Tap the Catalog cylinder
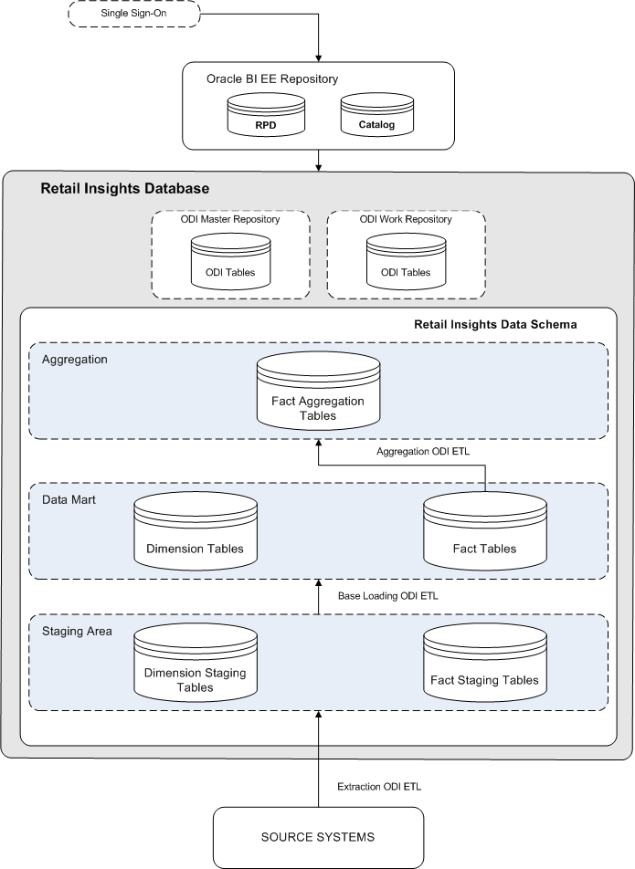point(376,119)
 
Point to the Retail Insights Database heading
point(125,189)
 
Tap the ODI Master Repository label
point(228,219)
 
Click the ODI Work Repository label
point(405,219)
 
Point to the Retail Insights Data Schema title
point(495,324)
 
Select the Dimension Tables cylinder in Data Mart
point(200,539)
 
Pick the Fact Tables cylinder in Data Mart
point(484,539)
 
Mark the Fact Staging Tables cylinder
point(484,671)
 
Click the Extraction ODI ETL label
point(379,786)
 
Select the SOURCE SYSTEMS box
point(318,836)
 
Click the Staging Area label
point(77,632)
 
